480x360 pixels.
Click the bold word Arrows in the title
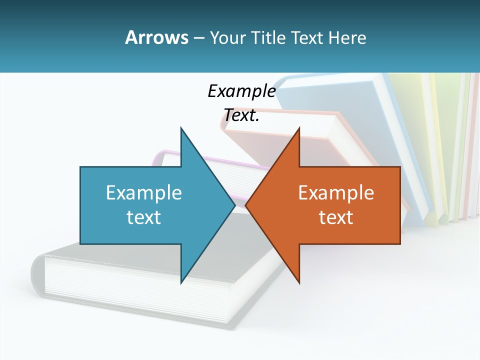[x=156, y=37]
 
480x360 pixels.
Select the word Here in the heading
[x=347, y=37]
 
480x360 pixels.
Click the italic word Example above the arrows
[x=241, y=91]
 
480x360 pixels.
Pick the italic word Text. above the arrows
[x=241, y=115]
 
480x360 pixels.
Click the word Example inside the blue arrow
[x=144, y=192]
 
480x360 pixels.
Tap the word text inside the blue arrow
[x=144, y=217]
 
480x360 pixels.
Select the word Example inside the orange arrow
[x=336, y=192]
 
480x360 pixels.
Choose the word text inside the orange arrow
[x=336, y=217]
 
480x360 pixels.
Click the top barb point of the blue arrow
[x=181, y=128]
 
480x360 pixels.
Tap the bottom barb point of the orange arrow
[x=299, y=282]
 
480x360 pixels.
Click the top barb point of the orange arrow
[x=299, y=128]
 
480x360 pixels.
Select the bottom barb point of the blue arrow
[x=181, y=282]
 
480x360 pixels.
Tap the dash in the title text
[x=198, y=38]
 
